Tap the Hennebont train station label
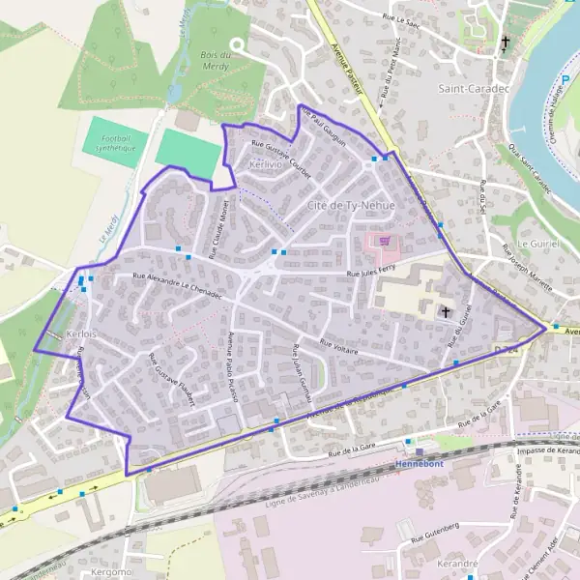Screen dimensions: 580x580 pos(422,464)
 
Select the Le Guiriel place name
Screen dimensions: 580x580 pos(538,245)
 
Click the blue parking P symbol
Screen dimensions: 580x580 pos(567,81)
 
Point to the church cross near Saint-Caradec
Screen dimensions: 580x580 pos(505,43)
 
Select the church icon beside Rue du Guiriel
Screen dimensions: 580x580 pos(446,311)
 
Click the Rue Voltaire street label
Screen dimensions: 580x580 pos(338,347)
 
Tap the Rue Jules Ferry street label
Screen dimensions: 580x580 pos(372,274)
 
